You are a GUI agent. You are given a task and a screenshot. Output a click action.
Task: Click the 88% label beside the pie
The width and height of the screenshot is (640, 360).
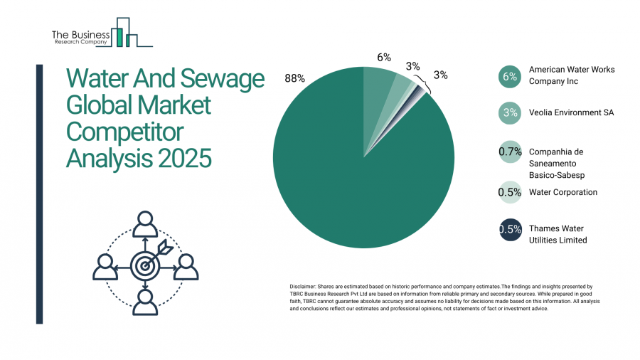pos(294,78)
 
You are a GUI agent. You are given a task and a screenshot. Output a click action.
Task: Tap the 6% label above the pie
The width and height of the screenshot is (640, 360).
pos(384,57)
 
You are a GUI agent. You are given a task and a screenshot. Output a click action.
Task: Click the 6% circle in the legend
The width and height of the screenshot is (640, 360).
pos(510,76)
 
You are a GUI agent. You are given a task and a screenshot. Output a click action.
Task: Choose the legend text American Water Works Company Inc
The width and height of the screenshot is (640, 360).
pos(571,75)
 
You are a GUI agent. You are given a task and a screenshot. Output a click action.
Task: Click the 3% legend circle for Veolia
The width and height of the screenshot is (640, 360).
pos(510,112)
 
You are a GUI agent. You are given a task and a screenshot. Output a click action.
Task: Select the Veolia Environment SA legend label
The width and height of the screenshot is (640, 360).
pos(571,112)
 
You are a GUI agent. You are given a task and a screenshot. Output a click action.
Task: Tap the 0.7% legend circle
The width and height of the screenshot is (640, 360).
pos(510,152)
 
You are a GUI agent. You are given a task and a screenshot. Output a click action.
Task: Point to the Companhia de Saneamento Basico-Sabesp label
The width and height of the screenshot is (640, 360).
pos(561,164)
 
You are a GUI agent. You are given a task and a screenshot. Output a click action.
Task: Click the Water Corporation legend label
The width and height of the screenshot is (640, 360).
pos(562,192)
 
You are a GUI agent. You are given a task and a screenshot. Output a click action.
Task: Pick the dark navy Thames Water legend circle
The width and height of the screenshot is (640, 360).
pos(510,229)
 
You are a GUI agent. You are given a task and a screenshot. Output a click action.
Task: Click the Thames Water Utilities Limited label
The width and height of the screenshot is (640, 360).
pos(558,235)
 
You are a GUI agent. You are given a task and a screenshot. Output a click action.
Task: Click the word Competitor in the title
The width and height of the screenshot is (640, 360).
pos(124,132)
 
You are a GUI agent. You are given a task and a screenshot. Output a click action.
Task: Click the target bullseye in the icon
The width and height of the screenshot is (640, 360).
pos(145,266)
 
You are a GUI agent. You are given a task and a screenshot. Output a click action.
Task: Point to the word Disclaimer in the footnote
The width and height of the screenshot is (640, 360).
pos(306,285)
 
